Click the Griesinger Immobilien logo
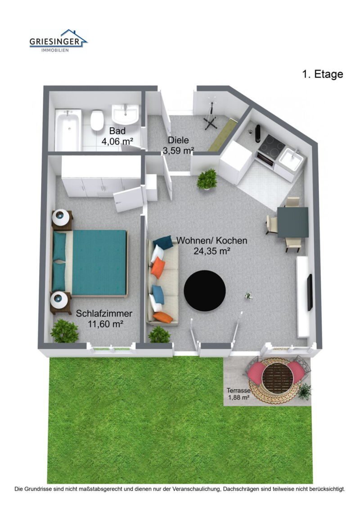point(58,41)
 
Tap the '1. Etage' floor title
point(322,74)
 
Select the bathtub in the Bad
point(68,130)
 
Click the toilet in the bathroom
point(97,120)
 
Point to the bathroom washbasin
point(125,114)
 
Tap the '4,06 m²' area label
point(117,141)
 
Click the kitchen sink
point(291,159)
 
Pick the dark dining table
point(292,222)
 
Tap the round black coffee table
point(204,291)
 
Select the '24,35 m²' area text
point(212,251)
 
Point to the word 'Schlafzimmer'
point(104,314)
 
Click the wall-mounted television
point(310,292)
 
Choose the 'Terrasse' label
point(238,391)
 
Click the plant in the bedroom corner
point(64,331)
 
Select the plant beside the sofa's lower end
point(159,334)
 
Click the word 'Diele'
point(178,140)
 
